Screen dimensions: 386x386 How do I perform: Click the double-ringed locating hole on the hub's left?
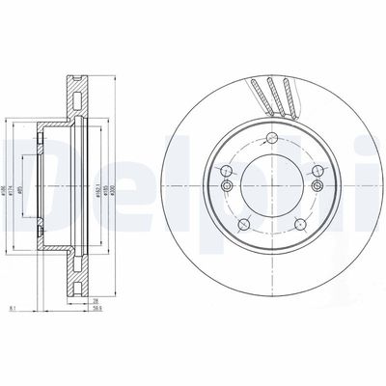[x=227, y=184]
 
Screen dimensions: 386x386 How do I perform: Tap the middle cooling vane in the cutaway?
[x=274, y=93]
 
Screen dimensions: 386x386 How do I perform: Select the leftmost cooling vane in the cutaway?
[x=258, y=95]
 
